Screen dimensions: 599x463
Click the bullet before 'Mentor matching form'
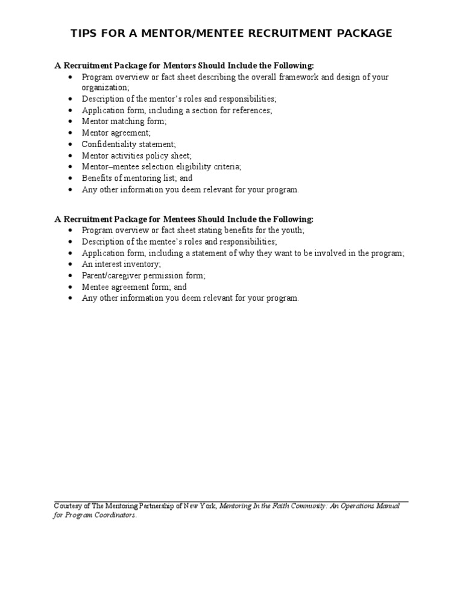point(71,122)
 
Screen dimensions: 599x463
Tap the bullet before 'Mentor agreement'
point(71,133)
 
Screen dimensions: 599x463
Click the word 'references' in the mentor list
point(250,110)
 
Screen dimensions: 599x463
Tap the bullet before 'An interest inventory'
point(71,264)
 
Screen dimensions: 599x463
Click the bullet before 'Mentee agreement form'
point(71,287)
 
